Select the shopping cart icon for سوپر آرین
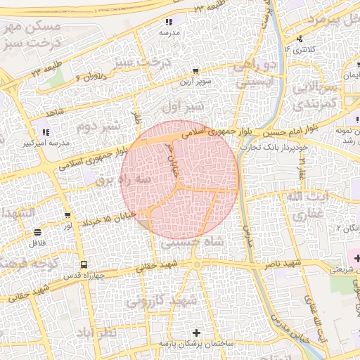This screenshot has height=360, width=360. [x=195, y=71]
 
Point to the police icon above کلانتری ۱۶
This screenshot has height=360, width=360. [x=300, y=39]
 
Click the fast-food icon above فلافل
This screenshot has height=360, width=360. [x=37, y=233]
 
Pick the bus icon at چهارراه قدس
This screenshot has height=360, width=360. [x=84, y=265]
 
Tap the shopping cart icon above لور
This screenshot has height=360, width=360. [x=67, y=215]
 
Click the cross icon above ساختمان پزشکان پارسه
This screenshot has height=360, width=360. [x=196, y=332]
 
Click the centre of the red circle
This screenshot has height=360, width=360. [x=179, y=179]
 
